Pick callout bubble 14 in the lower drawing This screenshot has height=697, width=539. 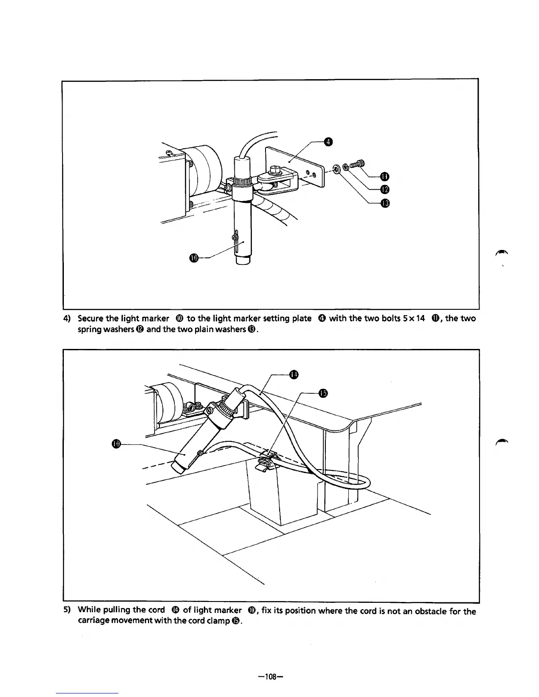point(294,374)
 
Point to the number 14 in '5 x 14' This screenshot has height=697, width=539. point(419,318)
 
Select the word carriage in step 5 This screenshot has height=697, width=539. point(92,621)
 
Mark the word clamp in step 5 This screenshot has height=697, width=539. point(213,621)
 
